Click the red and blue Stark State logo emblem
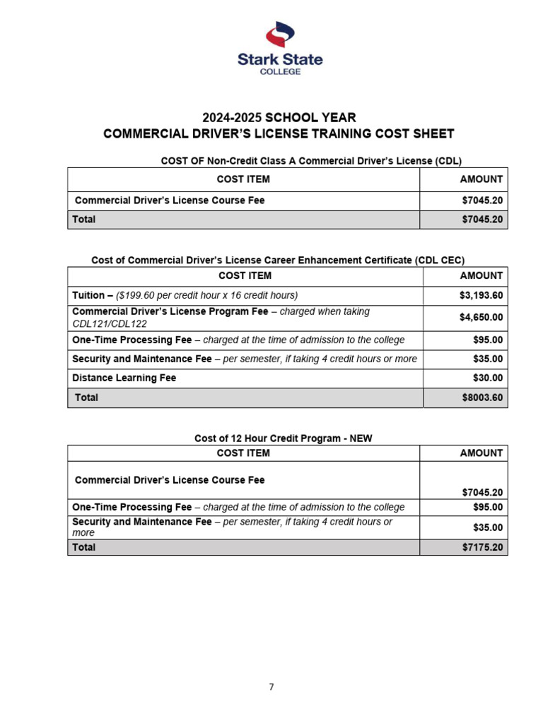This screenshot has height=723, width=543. point(279,35)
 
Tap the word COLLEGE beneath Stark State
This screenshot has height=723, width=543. point(279,71)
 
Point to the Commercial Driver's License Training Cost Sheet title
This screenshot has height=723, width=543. point(279,134)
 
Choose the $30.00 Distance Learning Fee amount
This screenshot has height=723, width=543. point(487,378)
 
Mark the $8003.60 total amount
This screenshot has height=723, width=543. point(481,398)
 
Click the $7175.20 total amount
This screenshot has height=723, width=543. point(481,547)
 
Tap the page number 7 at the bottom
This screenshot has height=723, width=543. point(271,687)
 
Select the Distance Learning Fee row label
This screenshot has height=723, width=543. point(124,378)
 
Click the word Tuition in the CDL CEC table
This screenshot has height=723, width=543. point(88,295)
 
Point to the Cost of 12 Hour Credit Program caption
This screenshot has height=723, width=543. point(283,438)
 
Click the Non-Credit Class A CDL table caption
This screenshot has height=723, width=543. point(311,161)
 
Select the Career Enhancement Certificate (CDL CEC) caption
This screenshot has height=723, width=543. point(278,260)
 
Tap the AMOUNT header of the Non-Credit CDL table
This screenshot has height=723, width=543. point(481,179)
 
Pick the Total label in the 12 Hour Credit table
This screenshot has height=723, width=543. point(83,547)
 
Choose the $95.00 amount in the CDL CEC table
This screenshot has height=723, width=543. point(487,340)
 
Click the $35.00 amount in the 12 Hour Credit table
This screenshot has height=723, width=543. point(487,527)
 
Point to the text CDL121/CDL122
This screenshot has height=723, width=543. point(110,324)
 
